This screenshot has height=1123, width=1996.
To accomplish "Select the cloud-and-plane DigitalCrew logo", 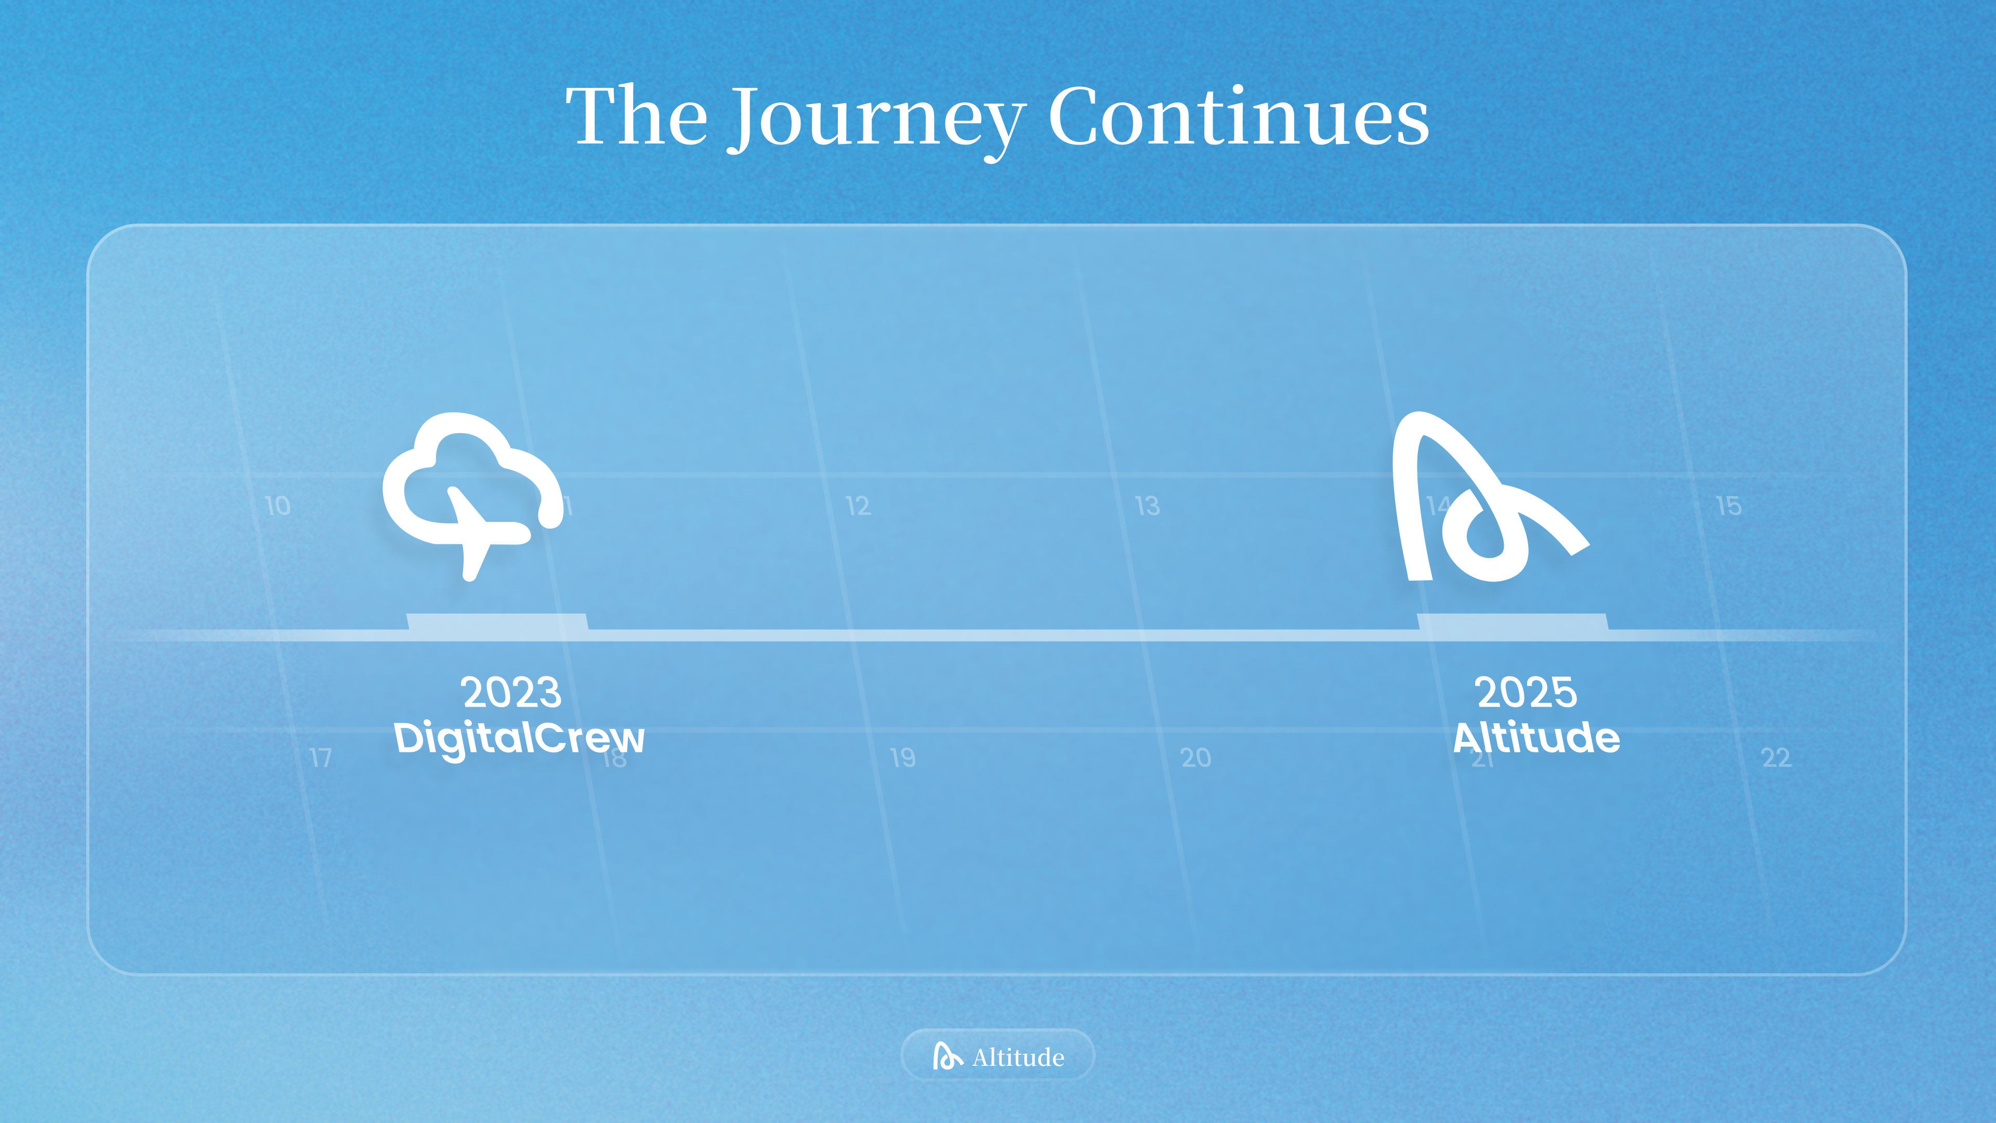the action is point(472,496).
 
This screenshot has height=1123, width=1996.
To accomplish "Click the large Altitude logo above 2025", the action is point(1489,496).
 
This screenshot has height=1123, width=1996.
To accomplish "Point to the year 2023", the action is point(511,692).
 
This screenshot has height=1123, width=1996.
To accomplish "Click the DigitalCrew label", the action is point(519,738).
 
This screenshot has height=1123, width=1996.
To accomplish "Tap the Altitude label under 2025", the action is point(1537,737).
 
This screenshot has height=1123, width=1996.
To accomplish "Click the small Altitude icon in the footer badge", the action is point(947,1055).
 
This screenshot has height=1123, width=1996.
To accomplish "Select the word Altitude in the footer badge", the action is point(1018,1057).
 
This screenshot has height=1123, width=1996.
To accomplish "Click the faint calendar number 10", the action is point(278,506).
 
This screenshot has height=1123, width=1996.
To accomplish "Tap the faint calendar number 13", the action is point(1148,506).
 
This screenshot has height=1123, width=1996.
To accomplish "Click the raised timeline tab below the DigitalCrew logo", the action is point(497,622).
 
